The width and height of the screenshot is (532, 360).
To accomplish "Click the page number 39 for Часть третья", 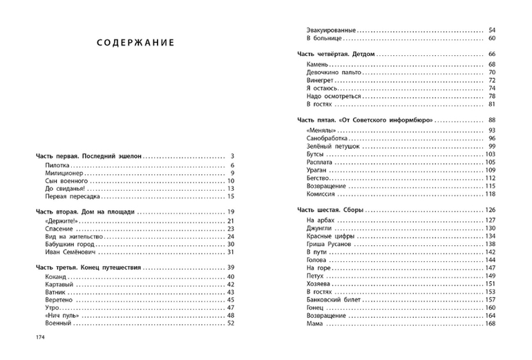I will (231, 267).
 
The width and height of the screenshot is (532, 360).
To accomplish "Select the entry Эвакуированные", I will (331, 30).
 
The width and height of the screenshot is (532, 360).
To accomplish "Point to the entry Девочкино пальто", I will (334, 73).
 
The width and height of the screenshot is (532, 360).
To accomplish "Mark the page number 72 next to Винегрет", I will (492, 80).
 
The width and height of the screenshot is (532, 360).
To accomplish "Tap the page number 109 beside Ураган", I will (491, 170).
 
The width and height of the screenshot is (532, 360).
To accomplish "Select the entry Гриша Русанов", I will (329, 244).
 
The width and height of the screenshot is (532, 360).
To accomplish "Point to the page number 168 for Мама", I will (491, 323).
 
